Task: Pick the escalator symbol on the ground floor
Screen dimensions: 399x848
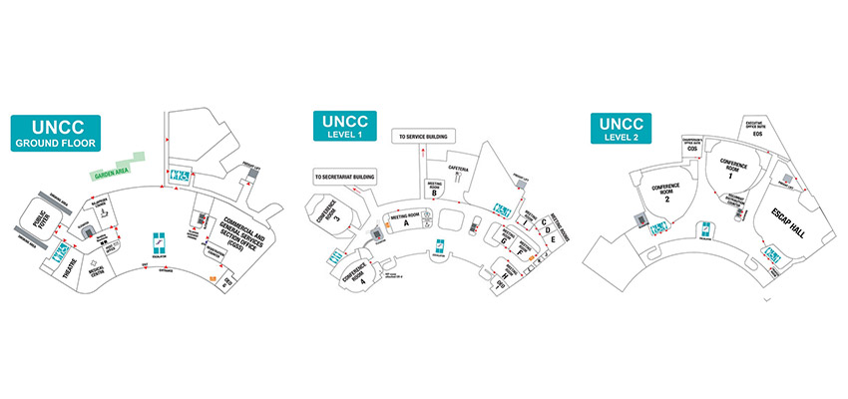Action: tap(160, 244)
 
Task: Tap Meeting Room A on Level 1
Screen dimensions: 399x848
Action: tap(406, 221)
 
